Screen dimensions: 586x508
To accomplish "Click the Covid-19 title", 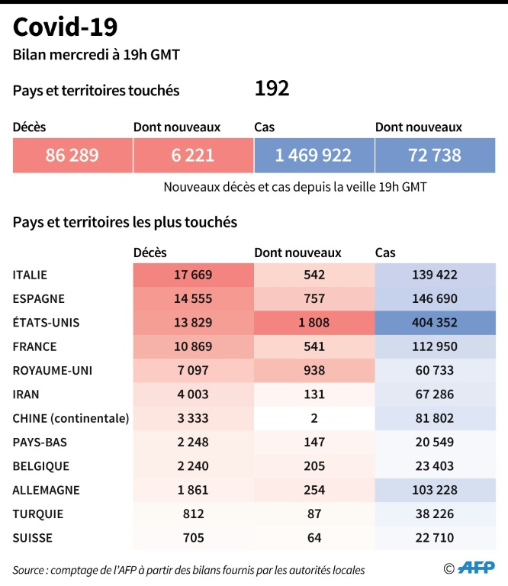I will click(x=66, y=27).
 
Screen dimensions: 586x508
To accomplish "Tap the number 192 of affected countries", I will click(x=272, y=89).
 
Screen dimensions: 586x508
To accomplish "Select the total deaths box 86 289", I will click(x=72, y=156).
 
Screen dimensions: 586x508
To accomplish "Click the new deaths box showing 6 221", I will click(x=192, y=156).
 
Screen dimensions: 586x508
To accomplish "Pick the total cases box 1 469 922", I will click(x=313, y=156).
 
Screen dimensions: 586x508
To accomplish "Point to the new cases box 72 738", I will click(x=434, y=156).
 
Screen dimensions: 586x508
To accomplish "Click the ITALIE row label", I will click(x=35, y=275).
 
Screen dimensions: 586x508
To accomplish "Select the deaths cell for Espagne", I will click(x=192, y=298).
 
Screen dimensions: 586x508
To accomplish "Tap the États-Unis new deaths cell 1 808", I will click(x=313, y=323).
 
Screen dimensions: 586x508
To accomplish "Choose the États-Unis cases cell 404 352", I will click(x=434, y=323).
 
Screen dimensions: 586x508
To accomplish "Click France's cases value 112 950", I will click(x=434, y=346).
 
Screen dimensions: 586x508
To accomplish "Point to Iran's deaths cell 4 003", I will click(x=192, y=394).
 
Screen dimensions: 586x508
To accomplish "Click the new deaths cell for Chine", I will click(x=313, y=418).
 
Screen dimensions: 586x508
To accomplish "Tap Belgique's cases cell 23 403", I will click(x=434, y=466).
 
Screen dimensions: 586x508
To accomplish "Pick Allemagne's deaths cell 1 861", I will click(x=192, y=490).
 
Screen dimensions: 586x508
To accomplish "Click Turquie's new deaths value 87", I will click(x=313, y=514).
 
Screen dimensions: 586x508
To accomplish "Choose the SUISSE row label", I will click(x=33, y=538).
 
